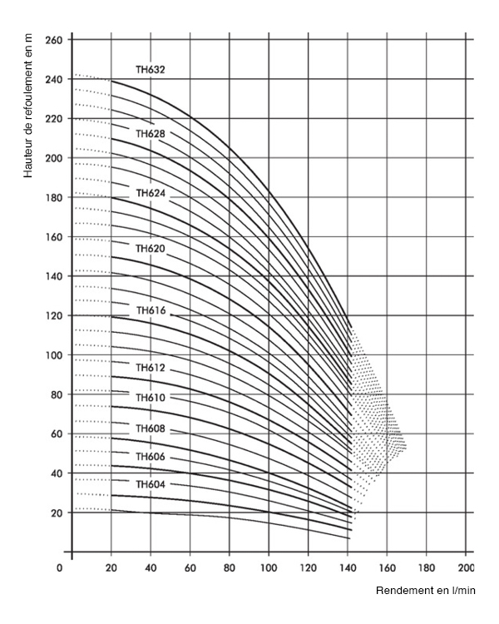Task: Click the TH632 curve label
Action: [151, 70]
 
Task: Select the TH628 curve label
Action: [151, 133]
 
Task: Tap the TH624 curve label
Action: [151, 193]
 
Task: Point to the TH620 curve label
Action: [151, 248]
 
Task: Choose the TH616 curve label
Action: [151, 310]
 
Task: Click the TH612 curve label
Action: [151, 368]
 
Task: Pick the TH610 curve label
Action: [151, 398]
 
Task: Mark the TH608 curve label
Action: [151, 428]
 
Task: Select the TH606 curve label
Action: [151, 458]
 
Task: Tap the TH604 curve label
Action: [151, 484]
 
